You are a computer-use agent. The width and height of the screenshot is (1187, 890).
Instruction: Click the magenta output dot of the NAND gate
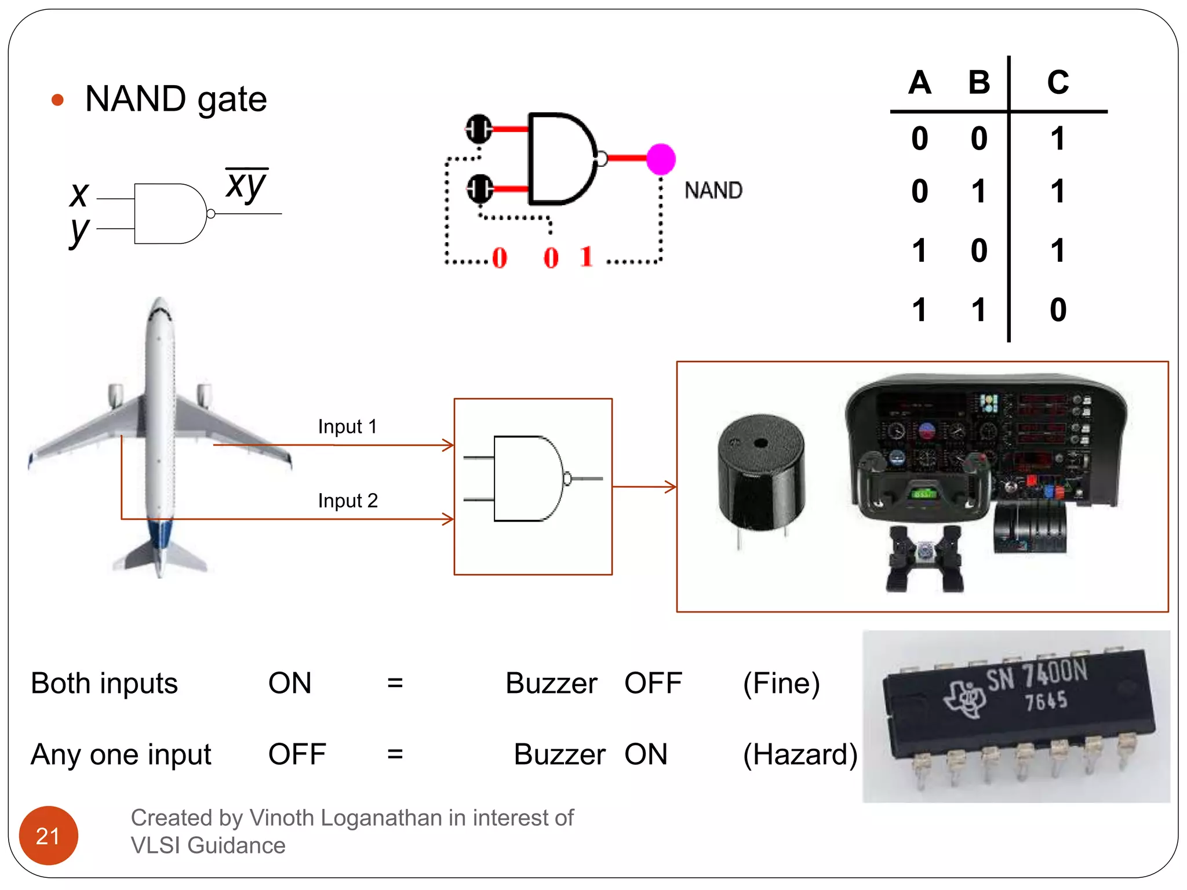click(661, 159)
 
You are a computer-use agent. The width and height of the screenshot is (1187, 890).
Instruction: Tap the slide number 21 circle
click(48, 835)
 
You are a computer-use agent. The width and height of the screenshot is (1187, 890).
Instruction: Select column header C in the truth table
click(1058, 82)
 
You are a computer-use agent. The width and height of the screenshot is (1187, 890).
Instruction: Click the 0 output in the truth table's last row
click(1058, 310)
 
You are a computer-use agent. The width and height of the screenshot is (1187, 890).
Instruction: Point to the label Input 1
click(347, 426)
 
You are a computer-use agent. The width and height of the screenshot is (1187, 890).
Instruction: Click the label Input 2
click(348, 501)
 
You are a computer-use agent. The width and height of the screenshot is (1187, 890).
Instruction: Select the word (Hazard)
click(800, 754)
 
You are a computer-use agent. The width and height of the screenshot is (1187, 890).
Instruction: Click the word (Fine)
click(781, 683)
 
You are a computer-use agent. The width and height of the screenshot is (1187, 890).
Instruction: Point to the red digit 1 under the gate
click(587, 257)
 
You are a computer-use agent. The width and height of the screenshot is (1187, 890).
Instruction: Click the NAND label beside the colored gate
click(713, 191)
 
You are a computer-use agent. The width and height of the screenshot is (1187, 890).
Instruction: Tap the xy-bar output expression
click(246, 184)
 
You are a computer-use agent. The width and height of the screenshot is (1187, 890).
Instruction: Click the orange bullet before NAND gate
click(57, 100)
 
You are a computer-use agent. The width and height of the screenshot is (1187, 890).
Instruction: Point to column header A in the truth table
click(920, 82)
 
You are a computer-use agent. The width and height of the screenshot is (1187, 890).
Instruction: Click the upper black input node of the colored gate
click(479, 128)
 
